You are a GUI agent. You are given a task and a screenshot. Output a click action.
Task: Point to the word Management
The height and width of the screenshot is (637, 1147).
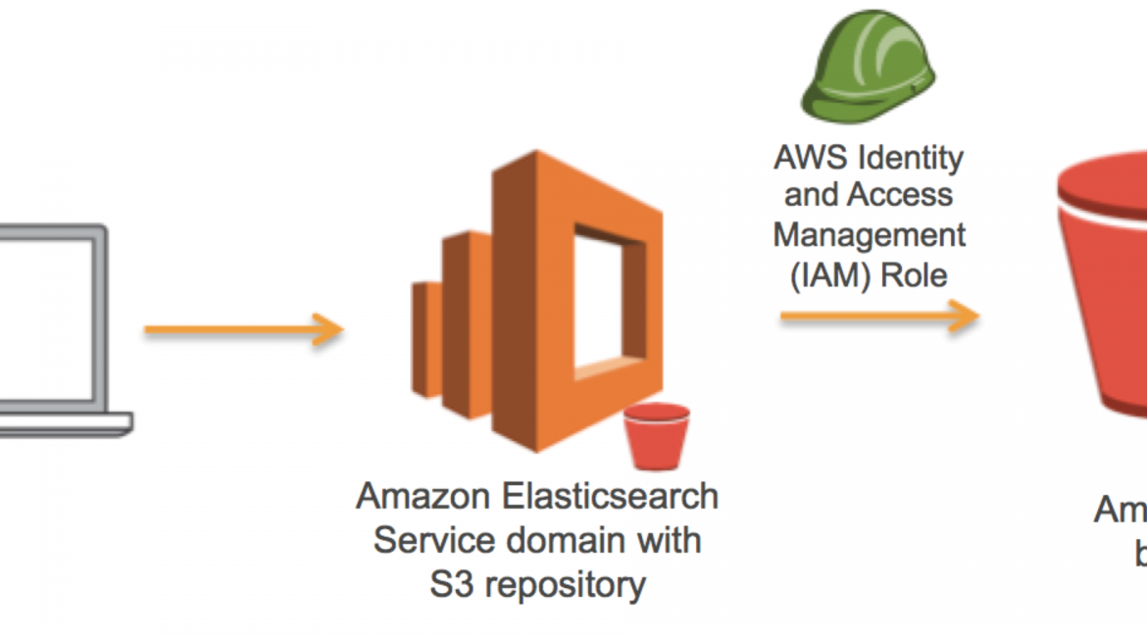[x=870, y=235]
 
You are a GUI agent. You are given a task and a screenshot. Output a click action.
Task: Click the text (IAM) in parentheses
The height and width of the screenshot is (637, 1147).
[x=830, y=274]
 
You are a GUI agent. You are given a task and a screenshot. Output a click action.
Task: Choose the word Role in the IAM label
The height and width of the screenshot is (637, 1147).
[x=914, y=274]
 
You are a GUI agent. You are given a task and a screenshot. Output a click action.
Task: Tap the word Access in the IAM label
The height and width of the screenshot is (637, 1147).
[x=899, y=196]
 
